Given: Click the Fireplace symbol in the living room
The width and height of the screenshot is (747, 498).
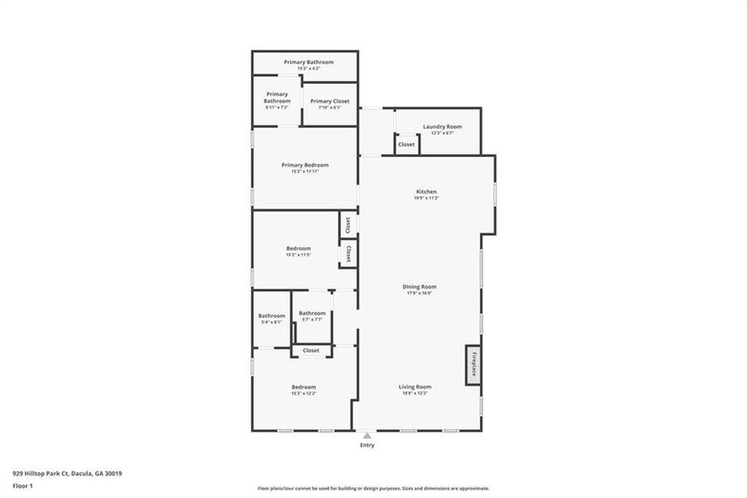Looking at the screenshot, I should (x=473, y=365).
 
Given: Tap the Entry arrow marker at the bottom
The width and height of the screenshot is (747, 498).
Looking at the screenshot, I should (x=367, y=435).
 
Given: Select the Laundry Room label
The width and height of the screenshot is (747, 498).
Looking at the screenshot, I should (x=442, y=126).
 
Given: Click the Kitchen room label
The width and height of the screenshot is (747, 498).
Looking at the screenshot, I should (x=426, y=192).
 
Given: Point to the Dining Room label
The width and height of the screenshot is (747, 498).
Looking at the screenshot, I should (x=421, y=286).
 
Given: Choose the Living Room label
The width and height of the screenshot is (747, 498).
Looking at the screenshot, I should (x=415, y=387).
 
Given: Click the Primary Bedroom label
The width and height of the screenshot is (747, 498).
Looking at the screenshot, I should (x=305, y=165).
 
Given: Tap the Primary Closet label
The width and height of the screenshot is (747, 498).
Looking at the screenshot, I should (x=330, y=101).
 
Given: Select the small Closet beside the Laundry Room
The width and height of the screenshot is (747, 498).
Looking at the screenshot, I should (x=406, y=144).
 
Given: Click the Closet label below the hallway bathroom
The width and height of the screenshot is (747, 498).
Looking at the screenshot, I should (x=311, y=351).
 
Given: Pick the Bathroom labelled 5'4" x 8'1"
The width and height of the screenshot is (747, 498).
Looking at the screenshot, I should (x=271, y=316).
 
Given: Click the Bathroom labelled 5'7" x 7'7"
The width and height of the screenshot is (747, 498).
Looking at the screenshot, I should (x=313, y=314).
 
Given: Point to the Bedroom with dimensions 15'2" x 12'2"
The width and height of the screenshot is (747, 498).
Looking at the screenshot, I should (x=303, y=388).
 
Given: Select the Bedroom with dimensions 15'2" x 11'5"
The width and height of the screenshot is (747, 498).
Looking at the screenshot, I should (x=298, y=249).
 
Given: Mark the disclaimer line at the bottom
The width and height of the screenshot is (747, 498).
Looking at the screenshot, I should (x=373, y=489).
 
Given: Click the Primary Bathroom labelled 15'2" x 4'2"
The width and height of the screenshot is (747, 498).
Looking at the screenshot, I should (x=308, y=62).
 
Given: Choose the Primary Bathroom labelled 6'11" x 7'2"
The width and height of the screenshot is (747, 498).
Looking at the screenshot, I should (x=277, y=98).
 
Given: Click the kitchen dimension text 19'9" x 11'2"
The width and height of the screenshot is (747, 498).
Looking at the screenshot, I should (x=426, y=198).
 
